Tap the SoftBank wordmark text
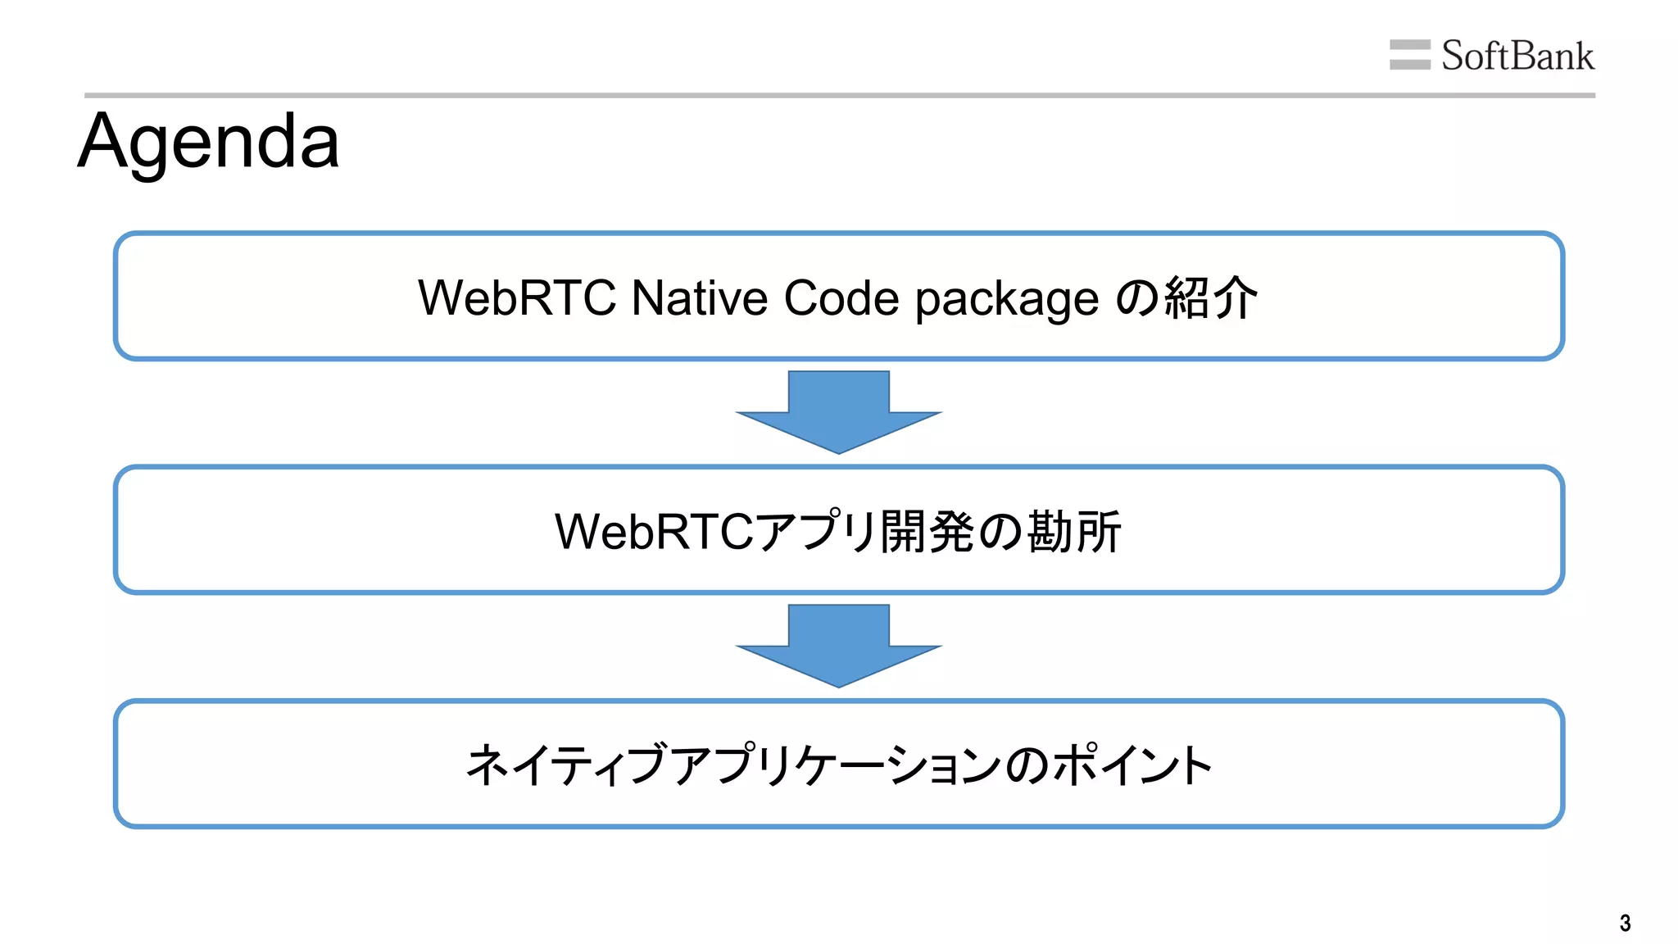1517,56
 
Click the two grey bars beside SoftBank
1409,55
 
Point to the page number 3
1625,924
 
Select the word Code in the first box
841,297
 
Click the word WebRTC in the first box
516,297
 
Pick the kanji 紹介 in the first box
1209,297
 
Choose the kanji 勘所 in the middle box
1073,531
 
